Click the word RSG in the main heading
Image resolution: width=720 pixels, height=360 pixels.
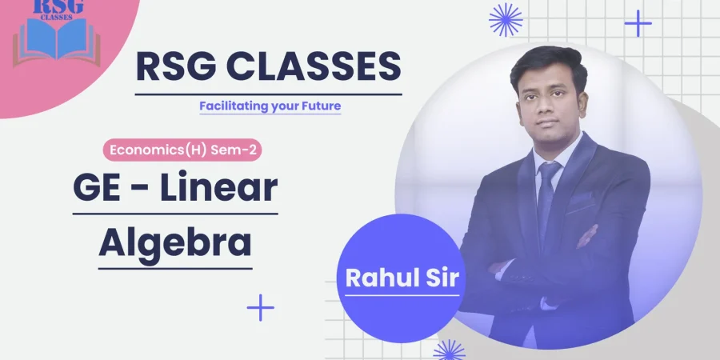(176, 67)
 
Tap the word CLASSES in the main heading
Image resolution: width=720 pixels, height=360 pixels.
(314, 67)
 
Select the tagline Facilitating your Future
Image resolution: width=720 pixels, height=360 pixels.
(270, 106)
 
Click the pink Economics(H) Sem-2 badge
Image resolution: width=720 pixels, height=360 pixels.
(182, 150)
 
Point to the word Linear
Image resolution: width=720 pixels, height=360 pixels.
(218, 187)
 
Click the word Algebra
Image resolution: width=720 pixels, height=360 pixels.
(175, 243)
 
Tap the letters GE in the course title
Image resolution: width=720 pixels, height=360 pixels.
(95, 187)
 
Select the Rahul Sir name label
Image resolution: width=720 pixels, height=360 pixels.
(402, 278)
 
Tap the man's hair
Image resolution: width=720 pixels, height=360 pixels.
(549, 64)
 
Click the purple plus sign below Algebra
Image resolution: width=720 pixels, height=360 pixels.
(260, 307)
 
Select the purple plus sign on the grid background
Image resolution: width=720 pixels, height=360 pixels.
(638, 23)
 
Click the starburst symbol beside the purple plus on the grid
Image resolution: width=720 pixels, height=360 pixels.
(506, 20)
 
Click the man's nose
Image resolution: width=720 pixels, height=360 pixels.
(546, 107)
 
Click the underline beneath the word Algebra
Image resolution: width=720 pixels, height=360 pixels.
(175, 269)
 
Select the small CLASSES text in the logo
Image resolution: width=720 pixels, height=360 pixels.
(57, 18)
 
